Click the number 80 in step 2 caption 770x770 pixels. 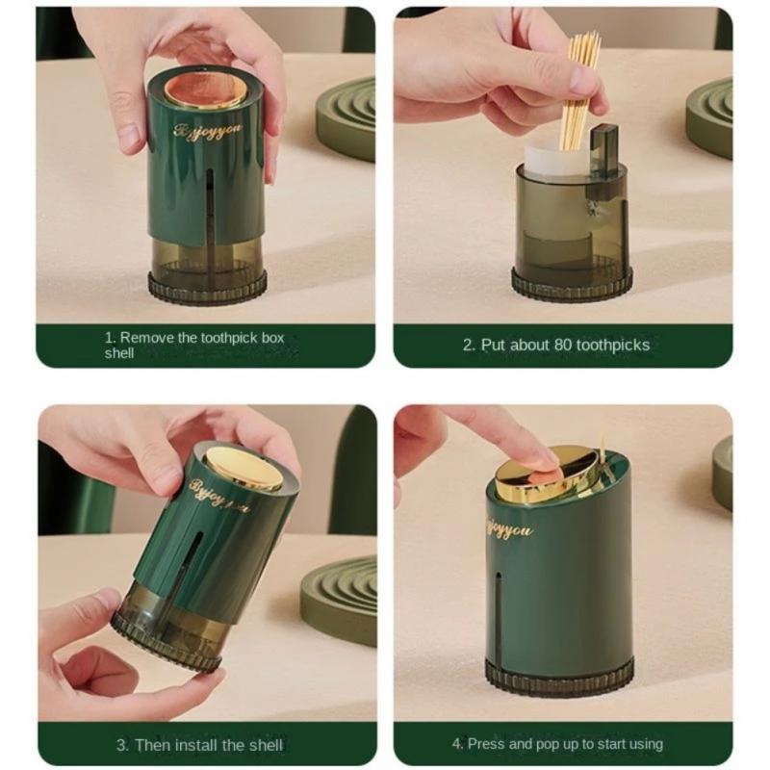click(563, 345)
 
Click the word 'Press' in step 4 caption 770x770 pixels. click(486, 743)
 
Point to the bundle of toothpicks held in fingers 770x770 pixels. click(582, 90)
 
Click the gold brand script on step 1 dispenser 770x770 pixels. click(208, 130)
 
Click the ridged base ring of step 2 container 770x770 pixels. click(572, 284)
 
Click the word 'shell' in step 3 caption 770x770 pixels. click(266, 745)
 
